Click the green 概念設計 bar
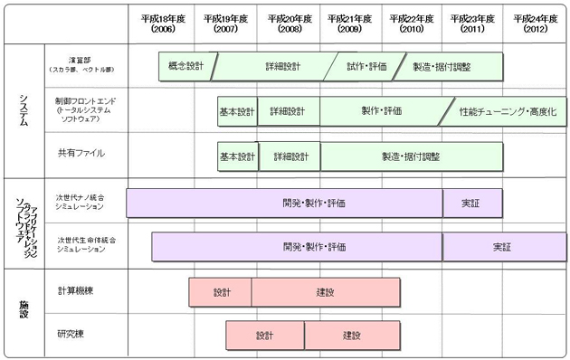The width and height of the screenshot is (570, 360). pos(186,66)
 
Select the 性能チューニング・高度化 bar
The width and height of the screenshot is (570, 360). pos(507,111)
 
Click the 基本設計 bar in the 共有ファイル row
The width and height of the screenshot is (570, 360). pos(237,156)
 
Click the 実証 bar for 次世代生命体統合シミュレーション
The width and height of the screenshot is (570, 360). pos(502,246)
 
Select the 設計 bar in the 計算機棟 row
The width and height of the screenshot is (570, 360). pos(222,292)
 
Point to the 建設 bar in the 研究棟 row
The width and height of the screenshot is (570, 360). pos(352,336)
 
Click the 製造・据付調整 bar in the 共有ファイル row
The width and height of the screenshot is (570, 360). pos(411,156)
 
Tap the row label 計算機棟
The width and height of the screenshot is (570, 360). pos(76,291)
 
